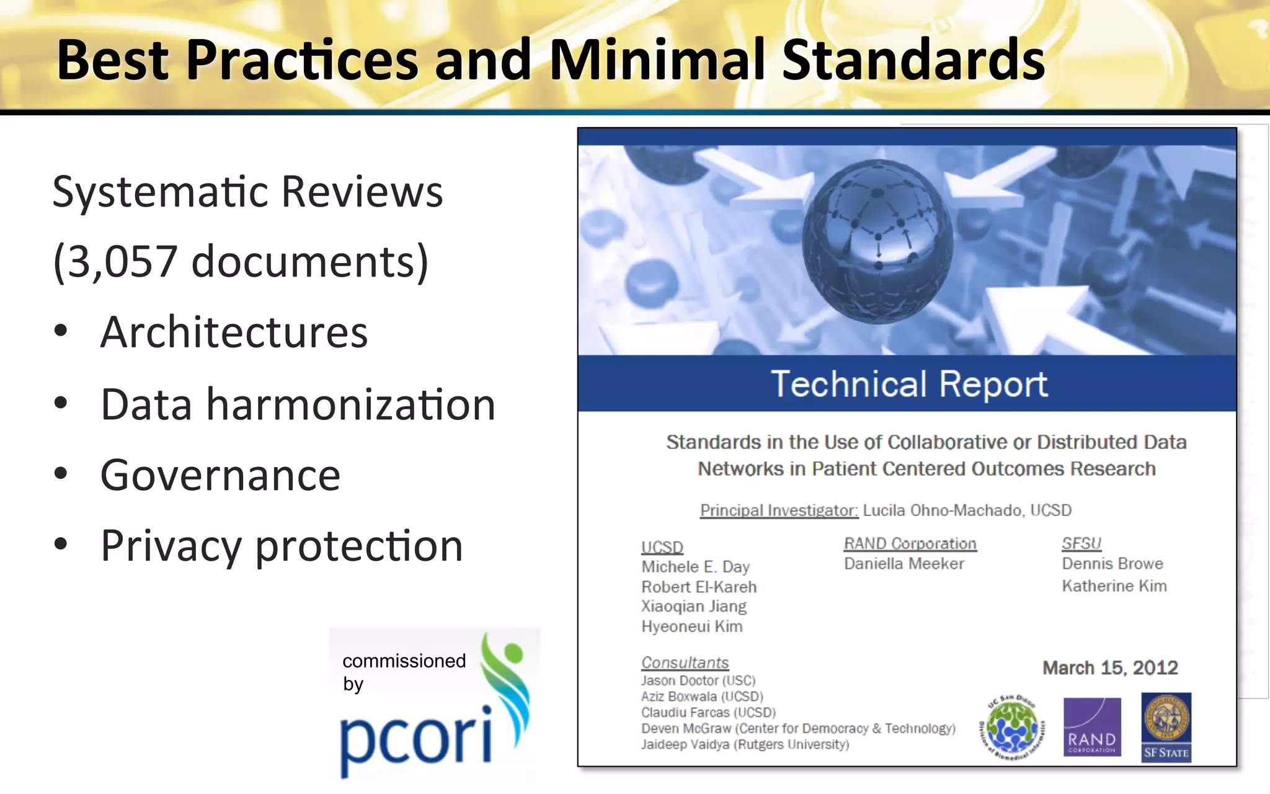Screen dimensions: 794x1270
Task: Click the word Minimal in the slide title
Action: click(x=658, y=60)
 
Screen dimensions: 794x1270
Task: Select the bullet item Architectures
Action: click(x=234, y=332)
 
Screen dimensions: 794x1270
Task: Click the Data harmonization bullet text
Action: click(x=298, y=404)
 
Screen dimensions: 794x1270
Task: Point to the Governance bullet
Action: click(x=220, y=476)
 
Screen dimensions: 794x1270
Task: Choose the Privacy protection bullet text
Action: click(x=282, y=546)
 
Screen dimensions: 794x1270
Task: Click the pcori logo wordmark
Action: click(x=415, y=739)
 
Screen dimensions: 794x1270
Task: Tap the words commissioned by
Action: click(x=403, y=672)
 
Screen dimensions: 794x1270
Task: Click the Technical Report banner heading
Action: click(x=908, y=384)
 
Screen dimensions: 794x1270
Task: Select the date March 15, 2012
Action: click(x=1109, y=667)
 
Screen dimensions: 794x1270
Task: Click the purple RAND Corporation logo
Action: click(x=1091, y=726)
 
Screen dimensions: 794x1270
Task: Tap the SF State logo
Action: click(x=1166, y=726)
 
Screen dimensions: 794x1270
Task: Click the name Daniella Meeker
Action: click(x=904, y=564)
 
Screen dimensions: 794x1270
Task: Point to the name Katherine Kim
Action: click(x=1114, y=586)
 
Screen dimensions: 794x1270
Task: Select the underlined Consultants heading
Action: click(x=685, y=662)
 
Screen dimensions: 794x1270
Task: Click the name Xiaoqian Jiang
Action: click(x=693, y=606)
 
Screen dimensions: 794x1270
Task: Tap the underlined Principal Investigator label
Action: click(x=779, y=511)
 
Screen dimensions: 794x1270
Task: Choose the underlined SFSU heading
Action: click(x=1081, y=543)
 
